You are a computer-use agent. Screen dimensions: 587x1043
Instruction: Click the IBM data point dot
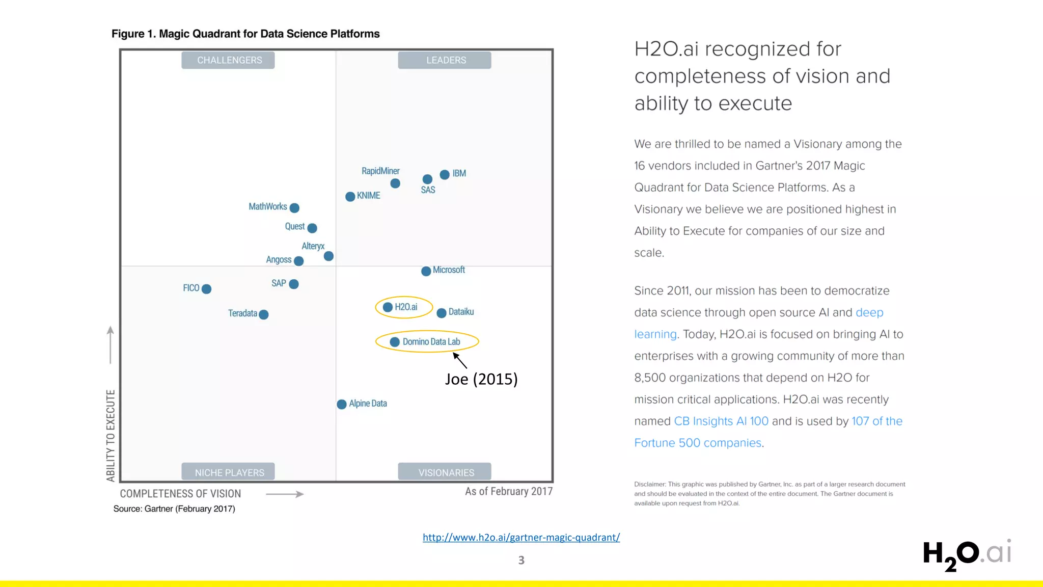point(445,175)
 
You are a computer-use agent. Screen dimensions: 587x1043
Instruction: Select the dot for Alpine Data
point(342,404)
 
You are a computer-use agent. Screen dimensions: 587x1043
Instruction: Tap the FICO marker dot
point(206,289)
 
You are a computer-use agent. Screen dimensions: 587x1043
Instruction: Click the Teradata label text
point(242,313)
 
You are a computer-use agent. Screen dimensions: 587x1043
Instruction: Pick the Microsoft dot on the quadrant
point(426,271)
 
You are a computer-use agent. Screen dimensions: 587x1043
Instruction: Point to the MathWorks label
point(267,206)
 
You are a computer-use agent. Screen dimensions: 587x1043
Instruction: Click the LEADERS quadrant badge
point(445,60)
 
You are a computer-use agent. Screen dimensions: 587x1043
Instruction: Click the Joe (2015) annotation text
point(481,379)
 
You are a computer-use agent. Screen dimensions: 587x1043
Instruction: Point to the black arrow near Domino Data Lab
point(460,360)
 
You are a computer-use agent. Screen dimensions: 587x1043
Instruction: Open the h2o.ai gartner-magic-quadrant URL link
point(521,537)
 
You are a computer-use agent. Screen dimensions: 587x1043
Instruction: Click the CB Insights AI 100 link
point(721,421)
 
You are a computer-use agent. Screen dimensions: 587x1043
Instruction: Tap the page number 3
point(521,560)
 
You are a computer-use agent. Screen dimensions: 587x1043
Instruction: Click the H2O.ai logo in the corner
point(966,554)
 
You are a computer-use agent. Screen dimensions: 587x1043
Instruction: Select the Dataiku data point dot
point(442,313)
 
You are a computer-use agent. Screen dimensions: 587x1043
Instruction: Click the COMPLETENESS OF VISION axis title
point(180,494)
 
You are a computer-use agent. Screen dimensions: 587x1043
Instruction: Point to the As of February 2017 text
point(508,492)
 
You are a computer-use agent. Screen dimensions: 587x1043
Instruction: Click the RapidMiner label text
point(380,171)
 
